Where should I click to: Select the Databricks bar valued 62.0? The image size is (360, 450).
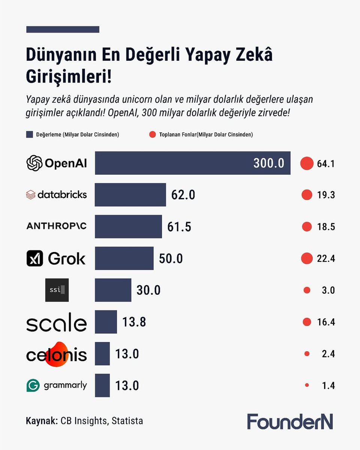(130, 195)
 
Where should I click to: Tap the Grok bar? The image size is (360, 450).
(124, 258)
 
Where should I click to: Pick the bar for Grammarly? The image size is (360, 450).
(102, 385)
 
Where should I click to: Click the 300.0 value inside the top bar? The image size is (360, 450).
(268, 163)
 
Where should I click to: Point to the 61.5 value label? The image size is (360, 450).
(179, 227)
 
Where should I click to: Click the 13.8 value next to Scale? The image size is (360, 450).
(134, 322)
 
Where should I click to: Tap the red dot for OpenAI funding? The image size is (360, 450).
(306, 163)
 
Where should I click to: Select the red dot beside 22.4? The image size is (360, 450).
(306, 258)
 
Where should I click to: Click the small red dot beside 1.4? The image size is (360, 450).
(307, 385)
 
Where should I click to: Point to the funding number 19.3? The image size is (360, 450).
(325, 195)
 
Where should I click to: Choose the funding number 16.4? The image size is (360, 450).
(325, 322)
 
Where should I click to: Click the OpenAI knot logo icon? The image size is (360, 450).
(34, 163)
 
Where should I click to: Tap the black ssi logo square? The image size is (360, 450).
(57, 290)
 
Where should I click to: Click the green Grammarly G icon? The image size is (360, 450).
(33, 385)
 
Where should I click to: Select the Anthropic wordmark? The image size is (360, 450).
(57, 226)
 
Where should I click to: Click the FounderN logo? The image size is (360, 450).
(290, 421)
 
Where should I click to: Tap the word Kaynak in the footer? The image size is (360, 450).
(41, 421)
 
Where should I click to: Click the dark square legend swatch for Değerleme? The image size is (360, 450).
(30, 135)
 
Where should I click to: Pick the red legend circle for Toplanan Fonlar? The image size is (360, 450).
(152, 135)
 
